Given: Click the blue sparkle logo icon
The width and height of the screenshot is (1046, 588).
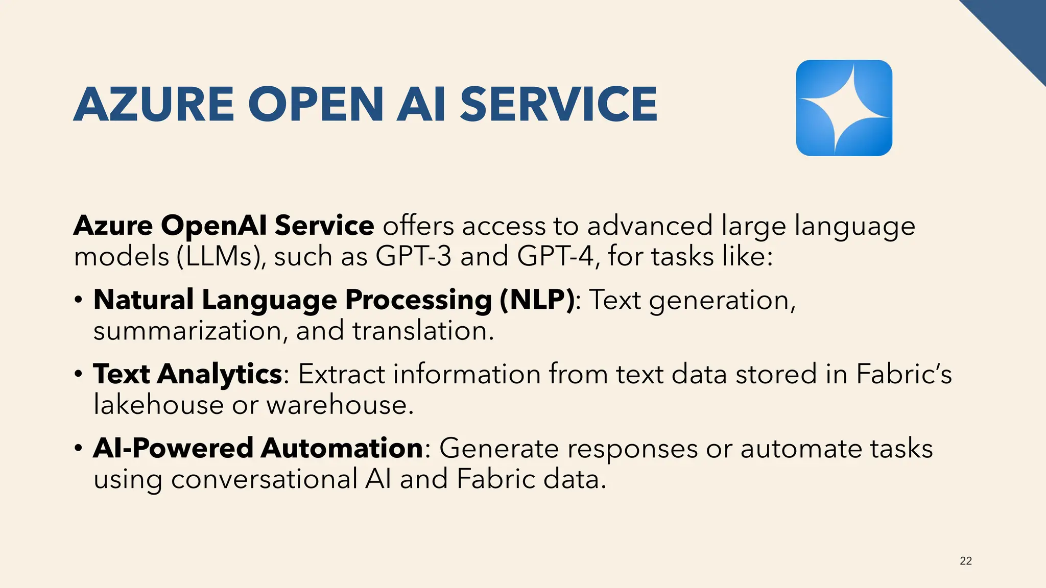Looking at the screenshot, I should [844, 108].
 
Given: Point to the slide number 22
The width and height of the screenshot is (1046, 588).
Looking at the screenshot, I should [965, 561].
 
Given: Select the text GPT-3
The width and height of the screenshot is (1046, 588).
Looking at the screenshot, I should [413, 256].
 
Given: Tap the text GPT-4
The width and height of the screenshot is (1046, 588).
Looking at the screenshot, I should [555, 256].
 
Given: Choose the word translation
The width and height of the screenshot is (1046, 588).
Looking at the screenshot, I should [423, 331].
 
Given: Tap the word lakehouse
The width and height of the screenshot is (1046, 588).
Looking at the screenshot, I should [158, 405].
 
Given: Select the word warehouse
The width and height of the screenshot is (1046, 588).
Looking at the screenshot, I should [340, 405].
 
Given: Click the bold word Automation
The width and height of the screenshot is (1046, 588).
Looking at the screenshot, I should [342, 448].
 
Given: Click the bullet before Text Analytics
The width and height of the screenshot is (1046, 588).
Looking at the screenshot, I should [78, 374].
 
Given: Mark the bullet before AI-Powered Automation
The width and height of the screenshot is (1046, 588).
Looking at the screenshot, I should [78, 448].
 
